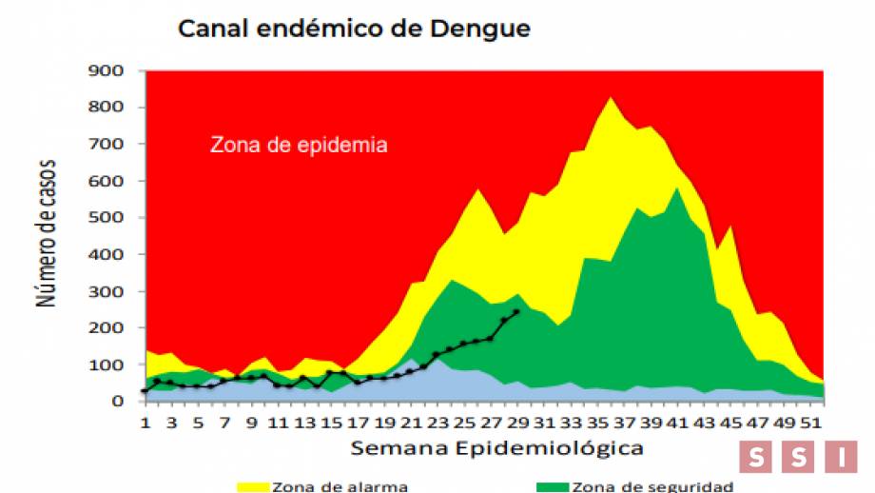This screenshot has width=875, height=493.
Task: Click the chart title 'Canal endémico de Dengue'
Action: (x=354, y=29)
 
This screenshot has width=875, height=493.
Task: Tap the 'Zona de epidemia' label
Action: (x=299, y=146)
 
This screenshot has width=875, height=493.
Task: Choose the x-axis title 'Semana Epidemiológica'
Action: (x=495, y=446)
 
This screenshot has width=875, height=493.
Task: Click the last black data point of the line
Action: (x=516, y=311)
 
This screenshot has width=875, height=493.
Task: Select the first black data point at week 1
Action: (x=145, y=390)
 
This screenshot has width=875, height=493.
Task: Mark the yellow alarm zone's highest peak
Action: (x=611, y=97)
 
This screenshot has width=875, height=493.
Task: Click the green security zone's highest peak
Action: (x=676, y=188)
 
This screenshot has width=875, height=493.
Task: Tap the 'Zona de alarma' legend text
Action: (x=340, y=486)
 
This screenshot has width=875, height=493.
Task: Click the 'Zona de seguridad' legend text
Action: (x=651, y=486)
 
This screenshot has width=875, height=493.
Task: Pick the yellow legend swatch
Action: (x=253, y=486)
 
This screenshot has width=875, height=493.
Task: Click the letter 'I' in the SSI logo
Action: (x=841, y=457)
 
